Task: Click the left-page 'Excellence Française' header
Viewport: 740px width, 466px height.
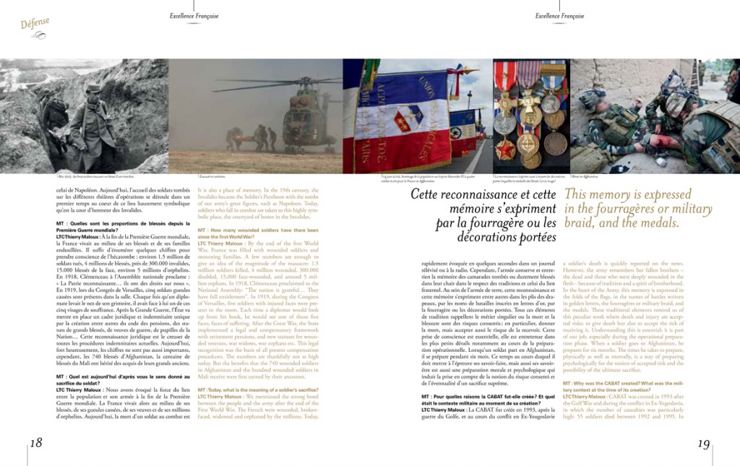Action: (x=194, y=16)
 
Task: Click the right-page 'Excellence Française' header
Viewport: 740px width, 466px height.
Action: (x=559, y=16)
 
